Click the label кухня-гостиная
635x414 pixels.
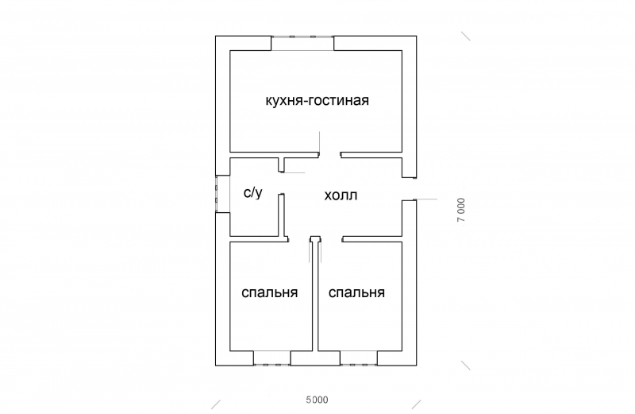point(317,101)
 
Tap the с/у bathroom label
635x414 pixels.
point(252,192)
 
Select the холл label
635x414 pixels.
point(341,195)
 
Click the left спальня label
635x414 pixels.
point(269,292)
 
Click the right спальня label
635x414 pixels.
point(356,292)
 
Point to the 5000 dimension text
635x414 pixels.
point(317,399)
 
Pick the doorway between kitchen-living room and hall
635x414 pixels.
point(329,153)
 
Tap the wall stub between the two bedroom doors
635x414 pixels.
point(315,238)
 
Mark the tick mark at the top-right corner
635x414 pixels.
point(467,36)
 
